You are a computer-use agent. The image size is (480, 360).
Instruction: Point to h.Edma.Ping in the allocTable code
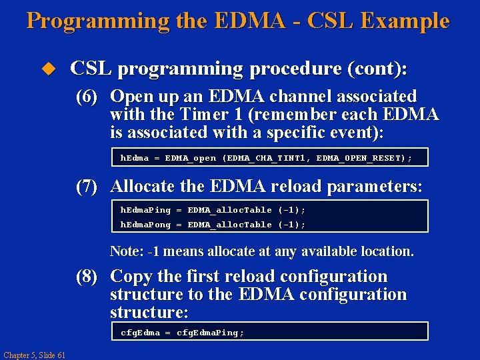click(x=145, y=210)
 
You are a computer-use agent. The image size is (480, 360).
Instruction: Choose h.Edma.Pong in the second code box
click(x=145, y=225)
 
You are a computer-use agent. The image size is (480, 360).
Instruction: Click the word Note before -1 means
click(x=124, y=251)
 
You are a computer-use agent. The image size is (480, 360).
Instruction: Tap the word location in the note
click(x=387, y=251)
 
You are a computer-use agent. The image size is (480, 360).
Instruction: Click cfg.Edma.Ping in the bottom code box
click(x=210, y=333)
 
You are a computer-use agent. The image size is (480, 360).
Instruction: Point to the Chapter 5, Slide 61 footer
click(x=34, y=355)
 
